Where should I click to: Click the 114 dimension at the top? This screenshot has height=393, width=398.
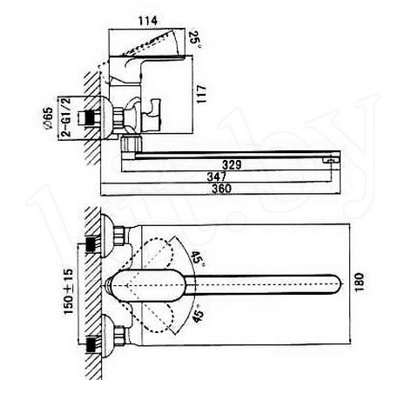click(x=148, y=21)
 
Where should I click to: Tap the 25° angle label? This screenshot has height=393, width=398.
click(x=194, y=38)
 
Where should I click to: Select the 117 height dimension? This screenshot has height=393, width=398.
click(x=201, y=94)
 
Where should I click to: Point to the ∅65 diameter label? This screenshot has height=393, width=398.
click(x=48, y=118)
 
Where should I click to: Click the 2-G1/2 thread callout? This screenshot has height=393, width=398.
click(x=65, y=117)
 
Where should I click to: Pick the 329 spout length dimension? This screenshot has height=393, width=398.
click(x=232, y=164)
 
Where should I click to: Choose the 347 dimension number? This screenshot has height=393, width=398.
click(x=217, y=177)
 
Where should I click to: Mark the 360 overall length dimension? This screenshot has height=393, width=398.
click(x=222, y=189)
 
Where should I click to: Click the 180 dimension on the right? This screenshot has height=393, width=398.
click(x=360, y=282)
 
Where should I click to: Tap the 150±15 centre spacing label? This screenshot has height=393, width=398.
click(x=69, y=291)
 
